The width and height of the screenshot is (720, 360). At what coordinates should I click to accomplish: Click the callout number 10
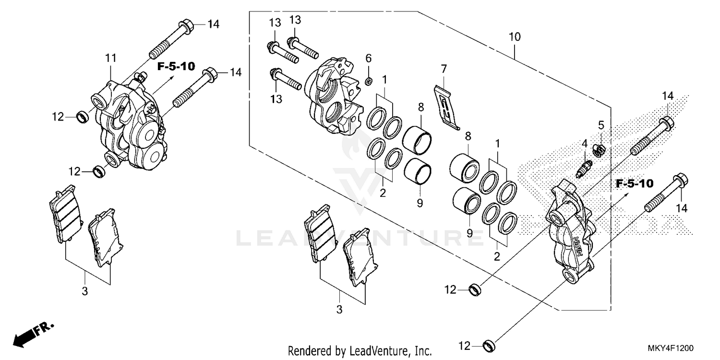point(515,36)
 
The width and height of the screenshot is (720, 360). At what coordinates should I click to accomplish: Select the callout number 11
point(111,59)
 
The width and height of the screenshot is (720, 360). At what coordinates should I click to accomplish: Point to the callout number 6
point(369,59)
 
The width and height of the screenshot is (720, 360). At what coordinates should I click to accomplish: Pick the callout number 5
point(600,126)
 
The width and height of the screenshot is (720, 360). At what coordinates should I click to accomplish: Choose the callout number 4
point(585,144)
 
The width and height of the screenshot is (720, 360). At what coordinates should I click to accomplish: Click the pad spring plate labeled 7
point(446,106)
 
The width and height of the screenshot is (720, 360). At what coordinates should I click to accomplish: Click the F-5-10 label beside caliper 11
point(176,66)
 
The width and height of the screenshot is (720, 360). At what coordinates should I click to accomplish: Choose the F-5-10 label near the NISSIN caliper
point(635,183)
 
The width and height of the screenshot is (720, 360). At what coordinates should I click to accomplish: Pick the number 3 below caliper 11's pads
point(85,291)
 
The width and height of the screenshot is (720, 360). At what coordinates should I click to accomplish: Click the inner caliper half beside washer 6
point(333,96)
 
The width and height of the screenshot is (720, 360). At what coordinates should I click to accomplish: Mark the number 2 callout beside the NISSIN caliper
point(497,256)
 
